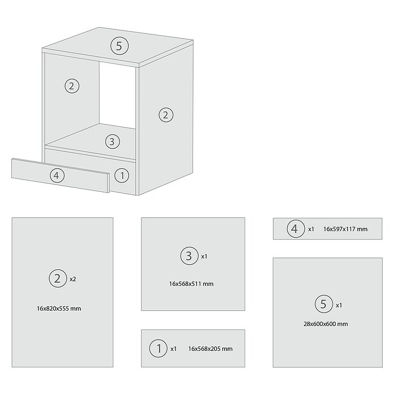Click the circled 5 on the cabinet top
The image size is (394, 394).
[119, 46]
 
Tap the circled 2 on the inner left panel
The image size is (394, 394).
[72, 86]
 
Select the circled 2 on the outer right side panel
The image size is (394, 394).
[166, 115]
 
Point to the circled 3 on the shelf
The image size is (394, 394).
[112, 142]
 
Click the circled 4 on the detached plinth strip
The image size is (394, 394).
[57, 175]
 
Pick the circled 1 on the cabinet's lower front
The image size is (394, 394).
[122, 175]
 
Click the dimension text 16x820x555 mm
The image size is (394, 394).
[59, 309]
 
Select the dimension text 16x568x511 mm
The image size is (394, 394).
[191, 284]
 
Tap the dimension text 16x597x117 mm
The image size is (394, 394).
[345, 229]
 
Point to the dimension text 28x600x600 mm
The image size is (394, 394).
[326, 324]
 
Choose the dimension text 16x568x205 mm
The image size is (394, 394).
[211, 349]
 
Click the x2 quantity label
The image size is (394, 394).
[72, 279]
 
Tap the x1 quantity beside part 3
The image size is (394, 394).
[204, 256]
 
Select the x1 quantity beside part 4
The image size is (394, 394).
[311, 229]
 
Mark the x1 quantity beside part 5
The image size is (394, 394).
[339, 305]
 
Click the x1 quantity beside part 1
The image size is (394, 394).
[173, 349]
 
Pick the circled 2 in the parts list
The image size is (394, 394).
[58, 279]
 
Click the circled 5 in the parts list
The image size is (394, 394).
[324, 304]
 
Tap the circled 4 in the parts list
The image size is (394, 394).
[295, 229]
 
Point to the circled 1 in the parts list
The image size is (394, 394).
[158, 348]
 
